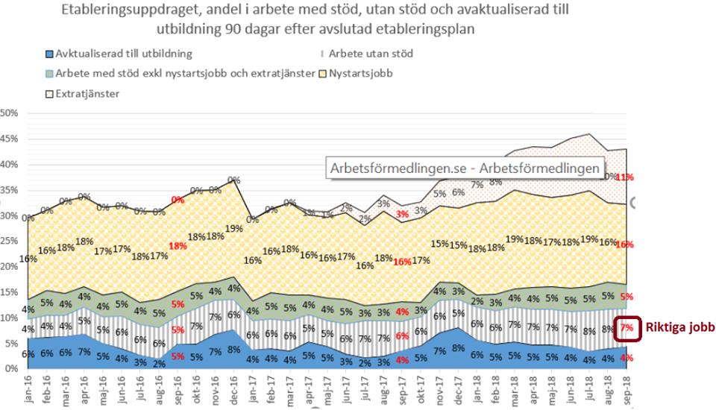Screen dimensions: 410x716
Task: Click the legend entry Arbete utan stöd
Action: click(x=370, y=54)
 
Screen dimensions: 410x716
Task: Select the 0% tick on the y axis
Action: click(x=12, y=369)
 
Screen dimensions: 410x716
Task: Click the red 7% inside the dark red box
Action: click(x=626, y=328)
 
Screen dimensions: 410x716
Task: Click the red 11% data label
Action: click(x=624, y=177)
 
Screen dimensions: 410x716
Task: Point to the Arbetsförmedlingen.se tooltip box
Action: click(x=465, y=168)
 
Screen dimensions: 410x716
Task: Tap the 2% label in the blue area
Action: click(x=158, y=363)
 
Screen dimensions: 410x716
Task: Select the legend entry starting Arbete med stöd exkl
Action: click(x=179, y=73)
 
